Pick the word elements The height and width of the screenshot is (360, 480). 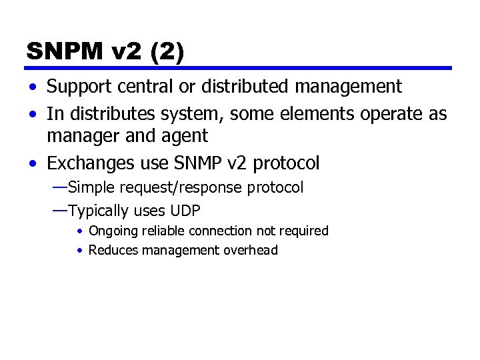(x=310, y=115)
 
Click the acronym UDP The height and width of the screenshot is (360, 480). (x=185, y=211)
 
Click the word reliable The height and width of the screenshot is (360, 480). (x=164, y=231)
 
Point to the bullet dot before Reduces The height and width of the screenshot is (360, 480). (x=79, y=251)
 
